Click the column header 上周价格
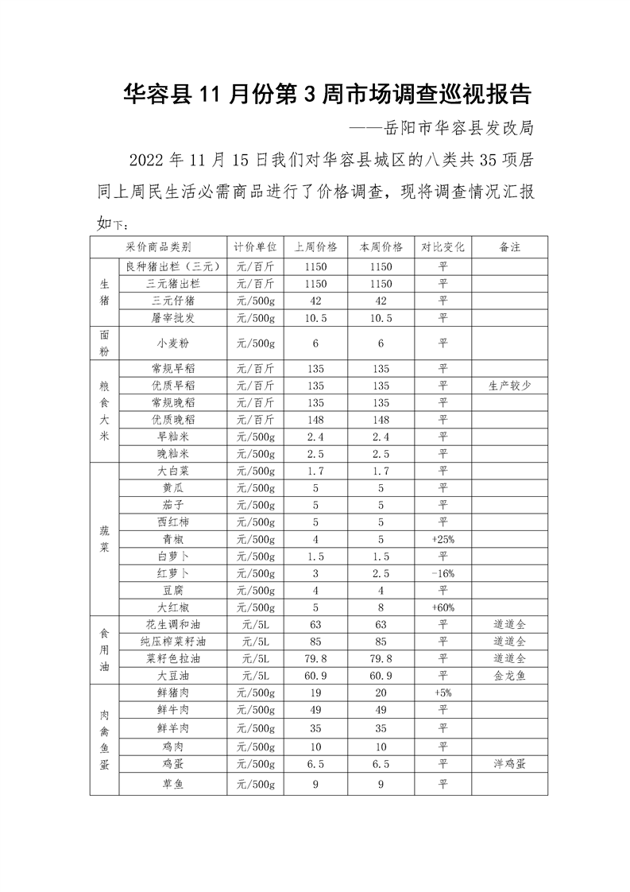coord(315,247)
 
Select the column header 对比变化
coord(443,247)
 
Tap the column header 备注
coord(509,247)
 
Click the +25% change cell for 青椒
coord(443,539)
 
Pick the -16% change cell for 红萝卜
coord(443,573)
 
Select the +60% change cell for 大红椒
coord(443,607)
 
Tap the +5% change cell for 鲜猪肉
coord(443,692)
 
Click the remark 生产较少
coord(509,385)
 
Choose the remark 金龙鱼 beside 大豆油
coord(509,675)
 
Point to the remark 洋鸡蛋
coord(509,763)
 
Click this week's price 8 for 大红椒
coord(381,607)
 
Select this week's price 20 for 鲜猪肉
coord(381,692)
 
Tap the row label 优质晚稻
coord(172,419)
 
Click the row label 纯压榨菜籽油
coord(172,641)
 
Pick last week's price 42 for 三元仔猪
coord(315,301)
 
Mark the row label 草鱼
coord(172,784)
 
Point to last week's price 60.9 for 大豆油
coord(315,675)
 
